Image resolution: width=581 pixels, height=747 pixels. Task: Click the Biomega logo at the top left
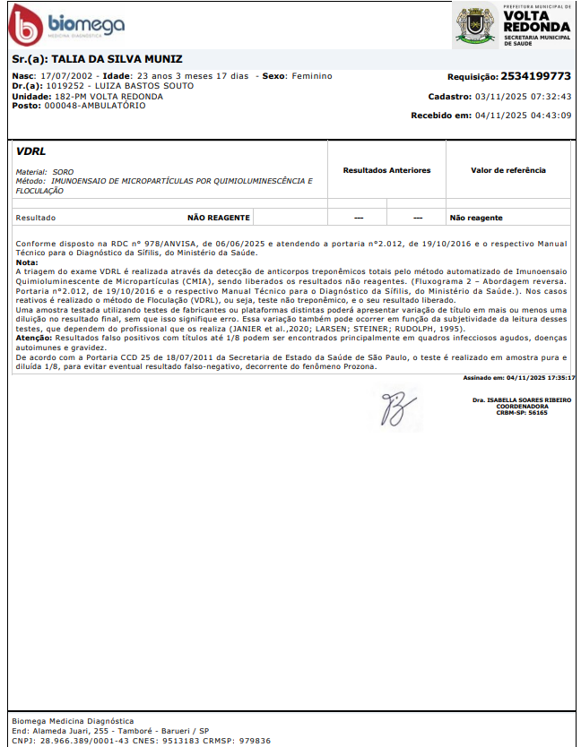[65, 26]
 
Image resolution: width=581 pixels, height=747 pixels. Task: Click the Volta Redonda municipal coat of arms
[474, 24]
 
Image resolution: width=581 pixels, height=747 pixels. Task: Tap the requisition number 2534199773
[535, 76]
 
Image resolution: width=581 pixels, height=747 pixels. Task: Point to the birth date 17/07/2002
[67, 76]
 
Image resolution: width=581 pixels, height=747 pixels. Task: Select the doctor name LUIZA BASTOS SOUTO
[134, 86]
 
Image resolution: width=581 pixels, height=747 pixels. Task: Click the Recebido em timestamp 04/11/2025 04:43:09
[523, 116]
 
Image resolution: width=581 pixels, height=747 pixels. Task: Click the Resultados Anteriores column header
[386, 170]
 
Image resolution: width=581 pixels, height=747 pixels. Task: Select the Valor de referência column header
[507, 170]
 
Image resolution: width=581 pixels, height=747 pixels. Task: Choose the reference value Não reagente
[476, 218]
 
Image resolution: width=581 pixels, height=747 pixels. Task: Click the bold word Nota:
[27, 262]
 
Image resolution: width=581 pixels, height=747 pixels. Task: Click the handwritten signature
[394, 408]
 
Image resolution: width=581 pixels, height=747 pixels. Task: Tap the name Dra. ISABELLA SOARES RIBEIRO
[521, 399]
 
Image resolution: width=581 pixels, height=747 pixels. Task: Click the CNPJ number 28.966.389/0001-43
[78, 741]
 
